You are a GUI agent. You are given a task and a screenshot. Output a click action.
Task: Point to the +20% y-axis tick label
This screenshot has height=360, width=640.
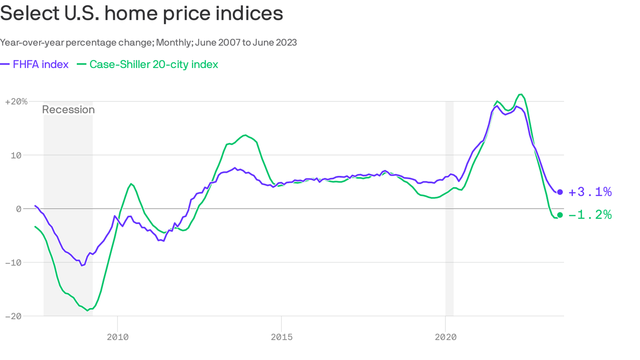tap(16, 101)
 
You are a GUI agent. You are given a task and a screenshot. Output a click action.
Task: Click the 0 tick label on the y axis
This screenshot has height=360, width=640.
tap(19, 209)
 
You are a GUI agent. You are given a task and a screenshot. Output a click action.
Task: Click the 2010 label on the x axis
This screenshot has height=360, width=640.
tap(117, 337)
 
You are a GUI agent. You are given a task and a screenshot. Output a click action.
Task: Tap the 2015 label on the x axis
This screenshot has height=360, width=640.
tap(281, 337)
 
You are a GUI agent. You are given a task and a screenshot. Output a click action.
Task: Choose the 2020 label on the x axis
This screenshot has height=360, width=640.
tap(445, 337)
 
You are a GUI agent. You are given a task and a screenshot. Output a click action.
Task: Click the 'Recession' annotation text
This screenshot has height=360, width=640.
tap(68, 110)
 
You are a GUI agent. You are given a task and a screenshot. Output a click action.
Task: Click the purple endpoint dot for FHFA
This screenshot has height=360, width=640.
tap(560, 192)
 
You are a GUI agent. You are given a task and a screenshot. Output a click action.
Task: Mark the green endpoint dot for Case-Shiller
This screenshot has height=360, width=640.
tap(560, 215)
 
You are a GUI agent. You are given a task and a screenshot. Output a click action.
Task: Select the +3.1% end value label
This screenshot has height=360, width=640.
tap(590, 192)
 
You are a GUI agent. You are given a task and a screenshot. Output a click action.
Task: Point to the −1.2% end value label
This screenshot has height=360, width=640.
tap(590, 215)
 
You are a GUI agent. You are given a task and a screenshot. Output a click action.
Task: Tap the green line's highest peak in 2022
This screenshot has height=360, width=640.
tap(521, 94)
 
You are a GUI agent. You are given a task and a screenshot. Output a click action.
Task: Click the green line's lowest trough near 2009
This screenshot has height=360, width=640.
tap(88, 310)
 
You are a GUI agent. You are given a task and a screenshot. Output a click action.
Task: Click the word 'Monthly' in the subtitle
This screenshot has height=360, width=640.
tap(174, 43)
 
